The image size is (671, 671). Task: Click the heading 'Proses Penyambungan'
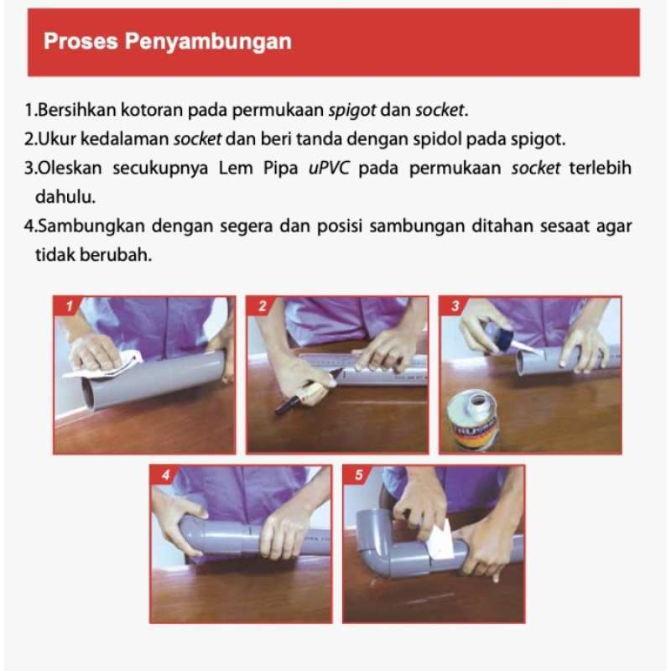pos(168,42)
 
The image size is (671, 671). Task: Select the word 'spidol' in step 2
pos(480,138)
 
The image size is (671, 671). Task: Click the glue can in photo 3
pos(471,419)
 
